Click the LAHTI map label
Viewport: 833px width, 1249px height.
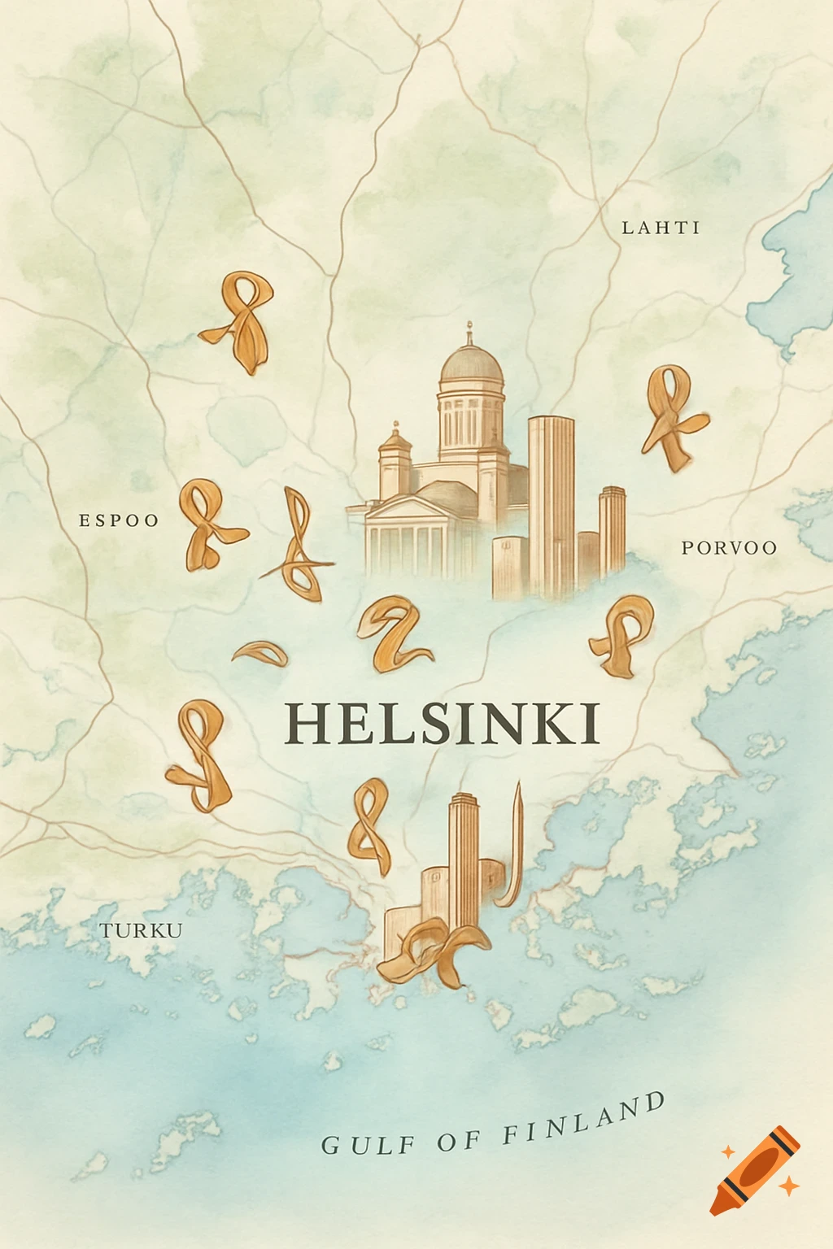(x=661, y=228)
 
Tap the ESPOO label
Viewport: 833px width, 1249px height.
(x=119, y=520)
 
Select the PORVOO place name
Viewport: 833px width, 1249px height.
(x=729, y=548)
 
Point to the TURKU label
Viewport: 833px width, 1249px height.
(x=141, y=930)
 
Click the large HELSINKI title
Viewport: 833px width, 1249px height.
(x=443, y=723)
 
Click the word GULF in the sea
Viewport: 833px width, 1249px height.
(x=369, y=1145)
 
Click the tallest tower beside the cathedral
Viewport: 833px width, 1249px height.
(x=551, y=504)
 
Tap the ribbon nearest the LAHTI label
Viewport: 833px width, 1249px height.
(x=672, y=415)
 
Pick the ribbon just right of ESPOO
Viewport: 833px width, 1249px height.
(x=208, y=524)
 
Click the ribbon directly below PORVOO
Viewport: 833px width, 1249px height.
(x=622, y=634)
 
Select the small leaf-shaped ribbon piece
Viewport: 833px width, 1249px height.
(x=260, y=653)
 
